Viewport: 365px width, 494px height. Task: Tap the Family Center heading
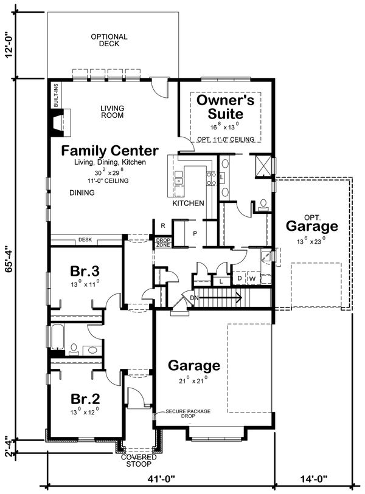[109, 151]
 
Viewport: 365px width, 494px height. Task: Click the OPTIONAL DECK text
[109, 40]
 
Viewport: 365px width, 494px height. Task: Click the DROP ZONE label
[163, 241]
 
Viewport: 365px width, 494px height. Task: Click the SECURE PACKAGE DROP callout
[188, 414]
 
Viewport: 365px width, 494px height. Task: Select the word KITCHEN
[188, 203]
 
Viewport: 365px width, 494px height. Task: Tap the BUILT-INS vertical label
[56, 96]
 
